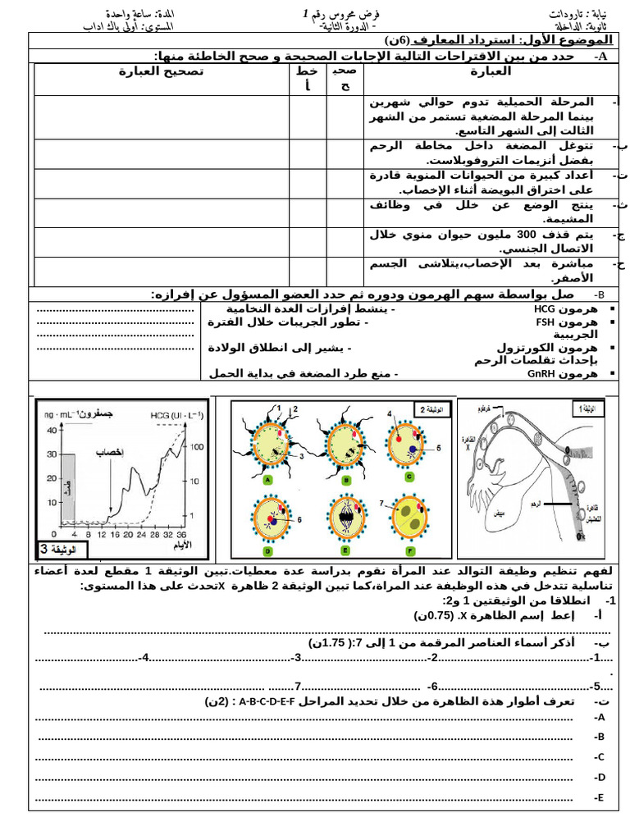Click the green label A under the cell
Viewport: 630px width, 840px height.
tap(269, 482)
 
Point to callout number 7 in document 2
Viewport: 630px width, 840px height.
tap(381, 502)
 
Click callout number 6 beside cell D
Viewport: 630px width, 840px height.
tap(300, 519)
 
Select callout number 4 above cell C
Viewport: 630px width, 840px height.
tap(390, 415)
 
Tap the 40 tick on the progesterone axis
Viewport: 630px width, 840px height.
tap(52, 430)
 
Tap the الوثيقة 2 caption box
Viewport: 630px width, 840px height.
tap(432, 409)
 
